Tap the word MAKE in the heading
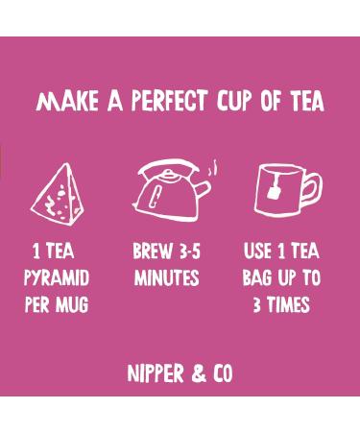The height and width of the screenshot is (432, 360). pos(64,103)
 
